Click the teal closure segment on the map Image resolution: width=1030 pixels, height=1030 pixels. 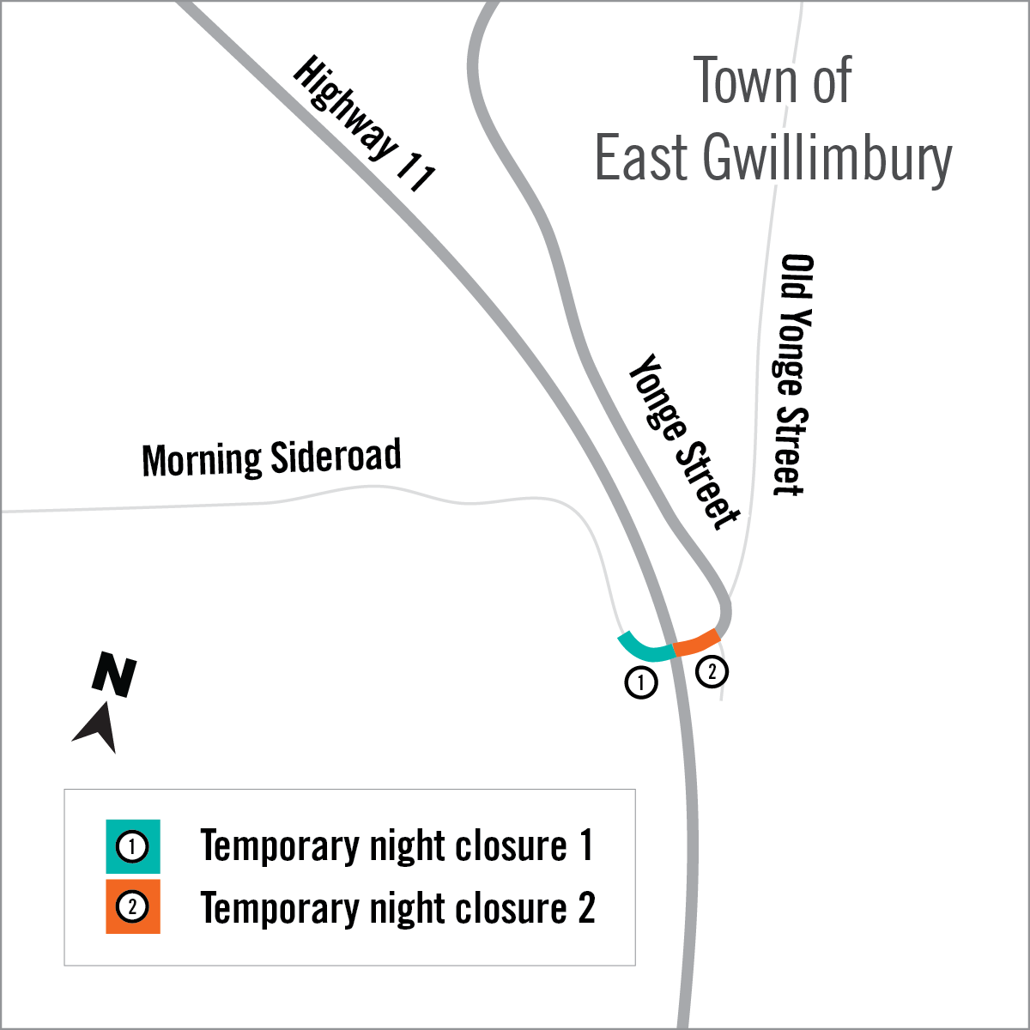(x=645, y=646)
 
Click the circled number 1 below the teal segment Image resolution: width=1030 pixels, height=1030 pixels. (x=641, y=683)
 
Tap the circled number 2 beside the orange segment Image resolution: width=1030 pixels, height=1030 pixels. (x=712, y=670)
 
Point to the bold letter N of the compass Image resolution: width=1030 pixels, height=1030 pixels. (x=114, y=675)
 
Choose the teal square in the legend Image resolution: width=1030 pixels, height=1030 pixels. (x=133, y=847)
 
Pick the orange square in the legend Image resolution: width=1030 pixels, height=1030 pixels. (x=133, y=906)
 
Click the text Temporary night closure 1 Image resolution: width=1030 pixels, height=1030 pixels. (x=397, y=846)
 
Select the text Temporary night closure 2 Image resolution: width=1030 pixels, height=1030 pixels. (x=397, y=908)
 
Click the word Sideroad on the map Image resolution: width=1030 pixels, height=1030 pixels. (x=336, y=456)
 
